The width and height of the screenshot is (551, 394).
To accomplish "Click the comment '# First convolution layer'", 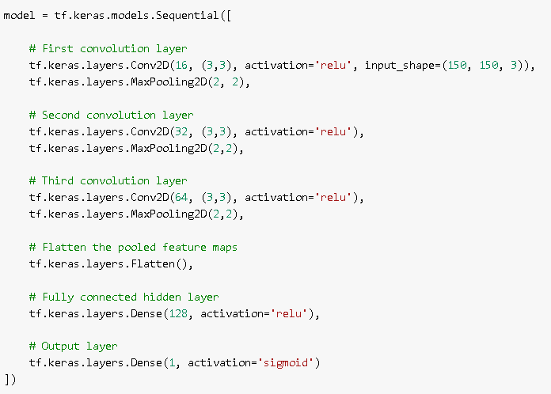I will [108, 48].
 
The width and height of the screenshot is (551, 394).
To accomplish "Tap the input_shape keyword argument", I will [397, 65].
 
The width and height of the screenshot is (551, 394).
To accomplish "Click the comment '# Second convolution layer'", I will [111, 115].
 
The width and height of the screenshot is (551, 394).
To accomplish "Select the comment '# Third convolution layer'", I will [108, 180].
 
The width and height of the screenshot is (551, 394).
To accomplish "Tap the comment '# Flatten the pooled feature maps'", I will [133, 247].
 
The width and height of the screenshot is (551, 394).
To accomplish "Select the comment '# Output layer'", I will [73, 347].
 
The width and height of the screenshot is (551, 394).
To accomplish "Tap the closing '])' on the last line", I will [9, 380].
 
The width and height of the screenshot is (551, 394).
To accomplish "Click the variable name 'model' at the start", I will [19, 15].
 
